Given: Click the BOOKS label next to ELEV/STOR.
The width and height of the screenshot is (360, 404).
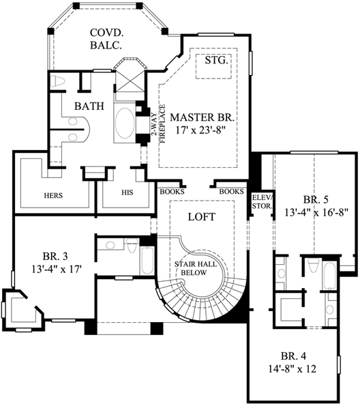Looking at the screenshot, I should pyautogui.click(x=231, y=192).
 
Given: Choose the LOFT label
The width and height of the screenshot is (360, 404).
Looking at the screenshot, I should pyautogui.click(x=201, y=217).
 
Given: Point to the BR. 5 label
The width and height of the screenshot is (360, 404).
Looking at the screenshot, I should pyautogui.click(x=316, y=200).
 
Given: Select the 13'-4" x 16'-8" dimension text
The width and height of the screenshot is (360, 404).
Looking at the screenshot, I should pyautogui.click(x=316, y=212).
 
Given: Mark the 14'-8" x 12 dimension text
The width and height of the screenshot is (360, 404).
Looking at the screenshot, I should pyautogui.click(x=298, y=369).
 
